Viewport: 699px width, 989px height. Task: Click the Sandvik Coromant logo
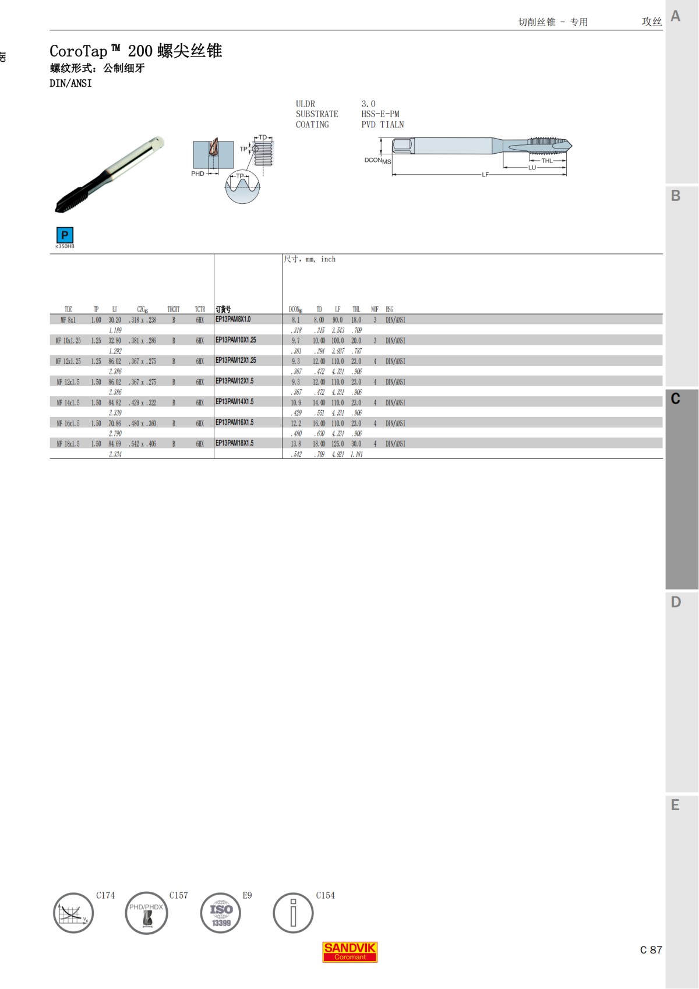[349, 952]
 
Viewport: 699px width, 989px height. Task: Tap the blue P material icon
[65, 235]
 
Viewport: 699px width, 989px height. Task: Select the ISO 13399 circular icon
[221, 913]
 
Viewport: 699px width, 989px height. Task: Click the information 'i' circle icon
[293, 913]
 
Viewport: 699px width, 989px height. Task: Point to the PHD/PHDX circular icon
[146, 913]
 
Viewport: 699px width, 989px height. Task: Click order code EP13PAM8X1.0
[233, 319]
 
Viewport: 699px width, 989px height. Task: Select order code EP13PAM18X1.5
[234, 443]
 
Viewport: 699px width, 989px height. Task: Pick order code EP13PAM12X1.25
[235, 361]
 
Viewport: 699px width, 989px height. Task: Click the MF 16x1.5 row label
[68, 423]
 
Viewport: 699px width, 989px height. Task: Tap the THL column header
[356, 309]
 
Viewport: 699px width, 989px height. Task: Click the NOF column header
[375, 309]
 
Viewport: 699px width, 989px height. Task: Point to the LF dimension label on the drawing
[485, 175]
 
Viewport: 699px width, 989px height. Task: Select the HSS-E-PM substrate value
[380, 114]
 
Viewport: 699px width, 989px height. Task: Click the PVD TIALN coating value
[383, 125]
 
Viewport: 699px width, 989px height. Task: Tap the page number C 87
[651, 950]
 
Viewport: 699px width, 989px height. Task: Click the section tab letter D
[676, 602]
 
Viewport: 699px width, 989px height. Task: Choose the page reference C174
[105, 895]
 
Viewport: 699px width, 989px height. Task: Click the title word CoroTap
[79, 51]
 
